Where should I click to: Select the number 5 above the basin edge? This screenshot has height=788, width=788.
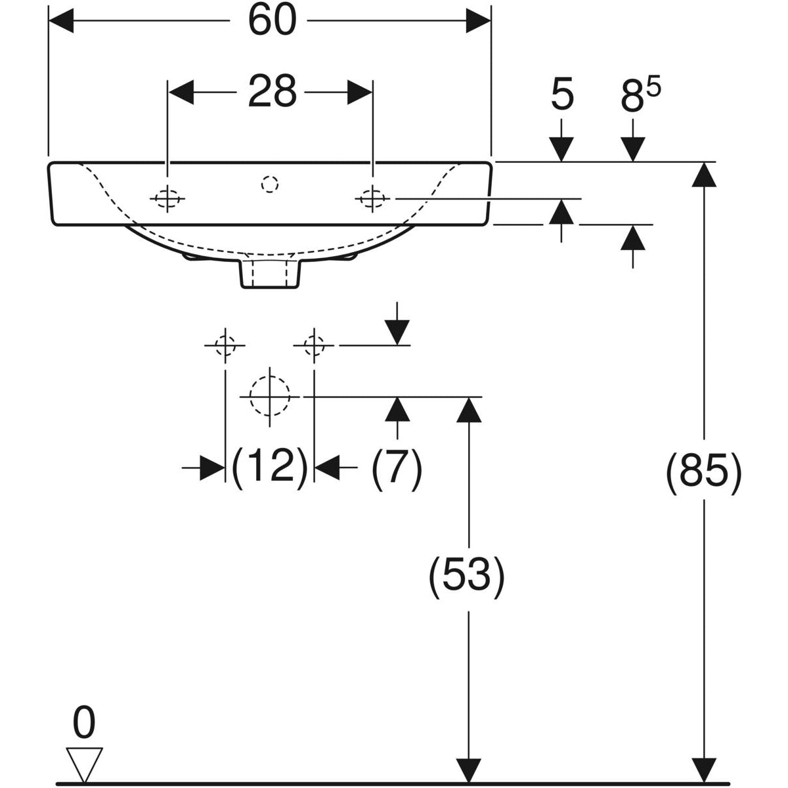pos(562,95)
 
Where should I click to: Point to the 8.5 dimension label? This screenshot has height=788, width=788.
pos(639,97)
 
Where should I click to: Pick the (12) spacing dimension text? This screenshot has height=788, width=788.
pos(270,467)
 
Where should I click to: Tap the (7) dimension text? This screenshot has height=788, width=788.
pos(397,467)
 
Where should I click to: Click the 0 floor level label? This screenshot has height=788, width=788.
pos(84,723)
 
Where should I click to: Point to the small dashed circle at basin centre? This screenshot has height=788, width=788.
pos(269,185)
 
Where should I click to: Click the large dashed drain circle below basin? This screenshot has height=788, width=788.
pos(270,396)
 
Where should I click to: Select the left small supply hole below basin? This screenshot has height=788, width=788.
pos(225,344)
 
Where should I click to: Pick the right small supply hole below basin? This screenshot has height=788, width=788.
pos(314,344)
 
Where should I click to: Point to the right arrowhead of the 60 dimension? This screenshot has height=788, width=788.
pos(479,22)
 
